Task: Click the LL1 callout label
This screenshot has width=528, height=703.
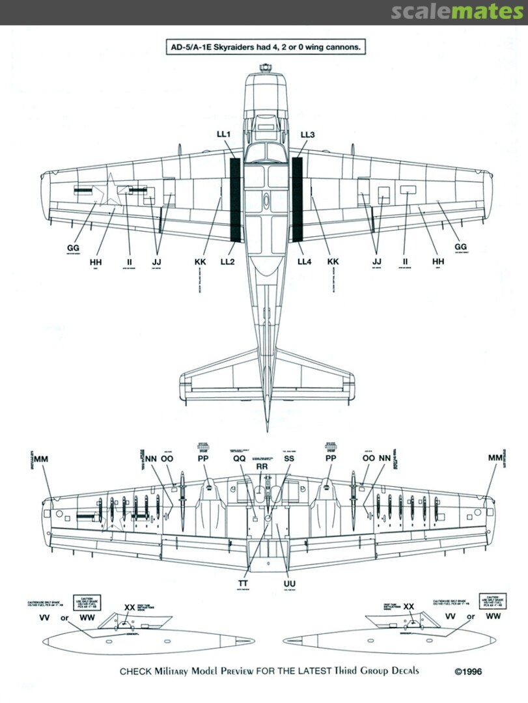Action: point(224,135)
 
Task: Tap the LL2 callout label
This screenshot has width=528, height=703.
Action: point(229,261)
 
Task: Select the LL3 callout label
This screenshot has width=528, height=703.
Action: point(307,135)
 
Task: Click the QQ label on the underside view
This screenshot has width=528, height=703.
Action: point(239,458)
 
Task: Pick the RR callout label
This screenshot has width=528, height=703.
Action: point(262,467)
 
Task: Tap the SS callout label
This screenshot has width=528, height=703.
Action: point(288,458)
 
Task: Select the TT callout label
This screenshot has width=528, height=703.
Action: point(244,583)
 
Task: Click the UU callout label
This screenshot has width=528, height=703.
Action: point(290,583)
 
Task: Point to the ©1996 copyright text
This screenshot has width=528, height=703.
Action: point(468,672)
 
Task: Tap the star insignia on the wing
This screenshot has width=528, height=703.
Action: point(109,190)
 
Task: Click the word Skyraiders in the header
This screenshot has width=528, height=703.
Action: point(229,48)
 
